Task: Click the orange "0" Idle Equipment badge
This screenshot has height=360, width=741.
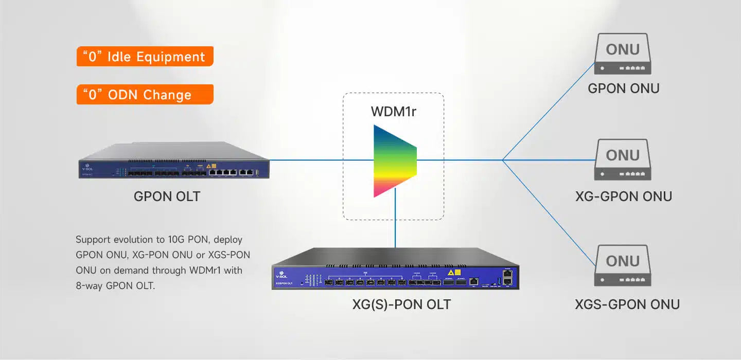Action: tap(145, 57)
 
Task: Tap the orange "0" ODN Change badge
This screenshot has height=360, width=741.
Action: tap(145, 95)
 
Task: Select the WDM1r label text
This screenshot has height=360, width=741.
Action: tap(393, 112)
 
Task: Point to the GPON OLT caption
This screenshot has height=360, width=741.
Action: tap(167, 196)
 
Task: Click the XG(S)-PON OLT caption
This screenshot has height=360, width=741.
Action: tap(401, 304)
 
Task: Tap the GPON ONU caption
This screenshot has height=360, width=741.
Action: tap(623, 88)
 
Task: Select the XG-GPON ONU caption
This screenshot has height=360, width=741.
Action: tap(623, 196)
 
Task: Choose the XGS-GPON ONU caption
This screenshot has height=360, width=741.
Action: tap(627, 304)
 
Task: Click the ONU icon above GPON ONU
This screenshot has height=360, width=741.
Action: tap(623, 55)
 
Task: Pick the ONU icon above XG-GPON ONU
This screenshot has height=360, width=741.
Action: tap(623, 160)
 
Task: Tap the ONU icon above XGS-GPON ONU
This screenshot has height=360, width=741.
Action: tap(623, 266)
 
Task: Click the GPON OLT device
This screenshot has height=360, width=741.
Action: tap(174, 161)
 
